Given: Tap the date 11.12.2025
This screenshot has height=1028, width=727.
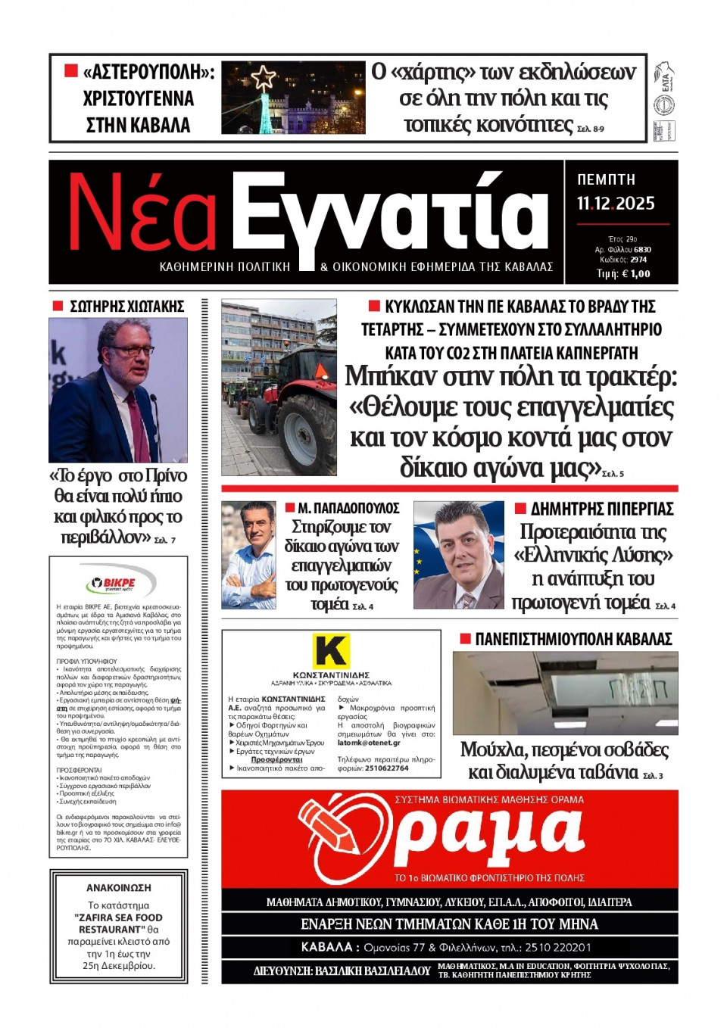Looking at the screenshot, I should [x=616, y=203].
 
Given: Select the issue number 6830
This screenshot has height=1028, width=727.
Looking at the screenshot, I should [x=642, y=249].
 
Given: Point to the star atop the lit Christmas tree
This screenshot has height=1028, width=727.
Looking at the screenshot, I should [x=264, y=76].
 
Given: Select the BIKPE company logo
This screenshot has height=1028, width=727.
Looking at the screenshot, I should [x=117, y=584].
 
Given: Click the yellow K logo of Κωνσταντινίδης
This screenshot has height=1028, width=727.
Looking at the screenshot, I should [x=331, y=650].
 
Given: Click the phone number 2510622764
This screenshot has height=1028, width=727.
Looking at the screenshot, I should [x=386, y=768].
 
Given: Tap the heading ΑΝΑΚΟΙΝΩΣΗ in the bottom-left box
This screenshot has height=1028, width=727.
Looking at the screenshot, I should [x=118, y=887].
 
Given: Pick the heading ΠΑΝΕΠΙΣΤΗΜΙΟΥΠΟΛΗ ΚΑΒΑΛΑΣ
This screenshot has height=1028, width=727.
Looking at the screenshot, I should [x=573, y=639].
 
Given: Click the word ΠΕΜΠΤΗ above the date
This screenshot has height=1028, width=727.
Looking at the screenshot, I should [x=606, y=179].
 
